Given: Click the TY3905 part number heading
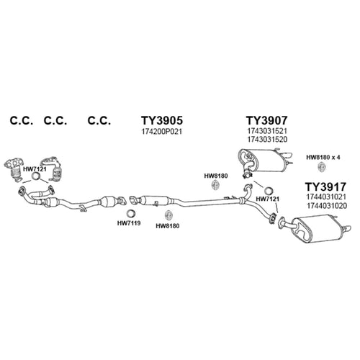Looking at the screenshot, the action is [162, 120].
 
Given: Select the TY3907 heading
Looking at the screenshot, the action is [266, 120].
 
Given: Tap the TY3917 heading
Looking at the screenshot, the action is [325, 186].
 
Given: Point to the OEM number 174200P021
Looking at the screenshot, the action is [162, 132].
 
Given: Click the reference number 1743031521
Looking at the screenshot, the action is [267, 131].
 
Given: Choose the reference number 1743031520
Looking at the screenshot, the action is [267, 140].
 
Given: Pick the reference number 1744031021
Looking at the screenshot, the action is [326, 197].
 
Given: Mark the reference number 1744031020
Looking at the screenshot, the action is [326, 206].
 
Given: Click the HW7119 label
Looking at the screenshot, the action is [129, 223].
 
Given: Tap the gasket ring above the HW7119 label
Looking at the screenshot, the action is [130, 213].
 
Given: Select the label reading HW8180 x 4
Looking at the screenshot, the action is [323, 158].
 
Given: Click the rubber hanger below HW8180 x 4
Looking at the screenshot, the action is [321, 167].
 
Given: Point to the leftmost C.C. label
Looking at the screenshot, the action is [22, 120].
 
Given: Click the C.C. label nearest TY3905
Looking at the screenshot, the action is [99, 120].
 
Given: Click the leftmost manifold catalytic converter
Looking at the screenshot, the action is [15, 169].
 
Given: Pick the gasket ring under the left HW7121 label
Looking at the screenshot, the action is [36, 176].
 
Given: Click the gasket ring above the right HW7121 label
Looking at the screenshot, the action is [268, 191].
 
